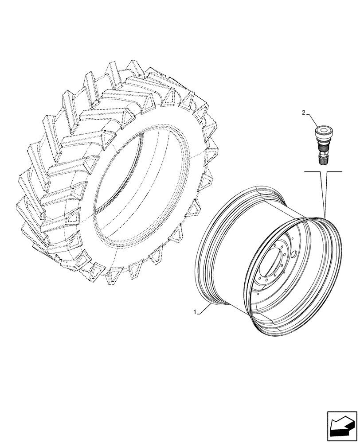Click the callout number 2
point(304,113)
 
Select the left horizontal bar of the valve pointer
point(312,171)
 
